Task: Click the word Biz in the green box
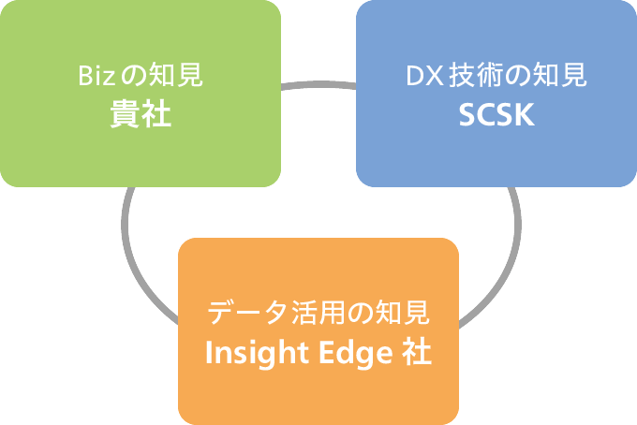[94, 76]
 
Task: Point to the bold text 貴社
[141, 115]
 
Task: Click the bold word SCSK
[496, 115]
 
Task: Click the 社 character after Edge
[417, 355]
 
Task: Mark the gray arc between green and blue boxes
[318, 86]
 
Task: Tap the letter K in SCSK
[524, 115]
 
